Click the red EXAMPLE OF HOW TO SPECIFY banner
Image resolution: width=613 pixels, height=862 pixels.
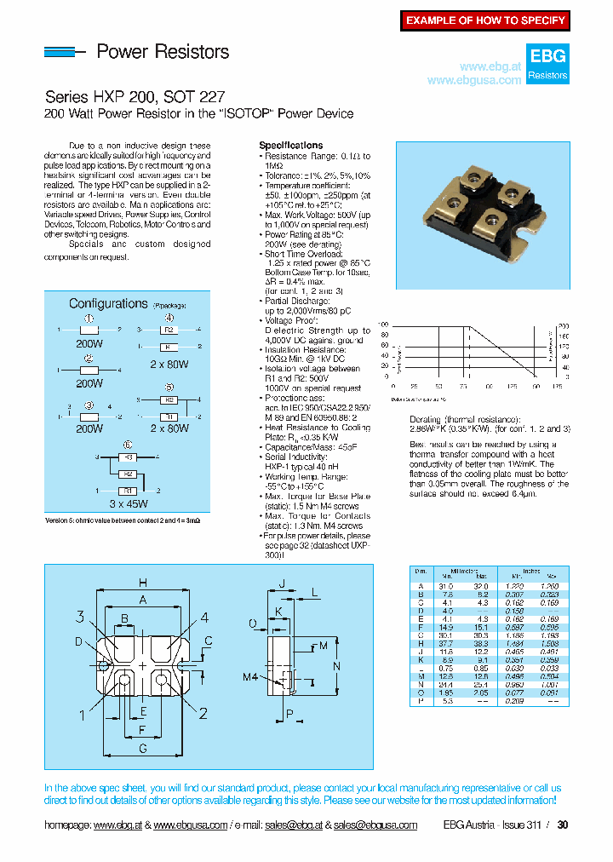pos(485,20)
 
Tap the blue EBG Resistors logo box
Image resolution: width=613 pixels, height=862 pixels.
pos(547,64)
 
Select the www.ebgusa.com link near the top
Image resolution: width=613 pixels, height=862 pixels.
pos(473,80)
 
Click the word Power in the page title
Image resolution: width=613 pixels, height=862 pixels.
pos(122,52)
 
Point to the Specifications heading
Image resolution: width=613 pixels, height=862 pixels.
pos(290,146)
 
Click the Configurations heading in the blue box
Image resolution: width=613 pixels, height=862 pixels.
pos(108,304)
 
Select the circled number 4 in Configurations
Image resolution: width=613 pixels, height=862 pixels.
pos(169,318)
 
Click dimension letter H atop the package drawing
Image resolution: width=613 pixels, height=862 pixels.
pos(142,583)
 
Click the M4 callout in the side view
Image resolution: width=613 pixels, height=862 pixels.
pos(249,677)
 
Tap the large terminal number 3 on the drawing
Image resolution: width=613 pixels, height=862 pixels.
pos(80,618)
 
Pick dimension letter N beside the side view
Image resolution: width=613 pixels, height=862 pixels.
pos(335,665)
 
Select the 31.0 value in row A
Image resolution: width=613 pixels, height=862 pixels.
pos(445,587)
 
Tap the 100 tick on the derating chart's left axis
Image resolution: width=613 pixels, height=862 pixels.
pos(383,325)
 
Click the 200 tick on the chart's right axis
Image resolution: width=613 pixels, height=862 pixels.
pos(563,325)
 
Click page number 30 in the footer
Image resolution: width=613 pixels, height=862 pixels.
pos(562,825)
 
